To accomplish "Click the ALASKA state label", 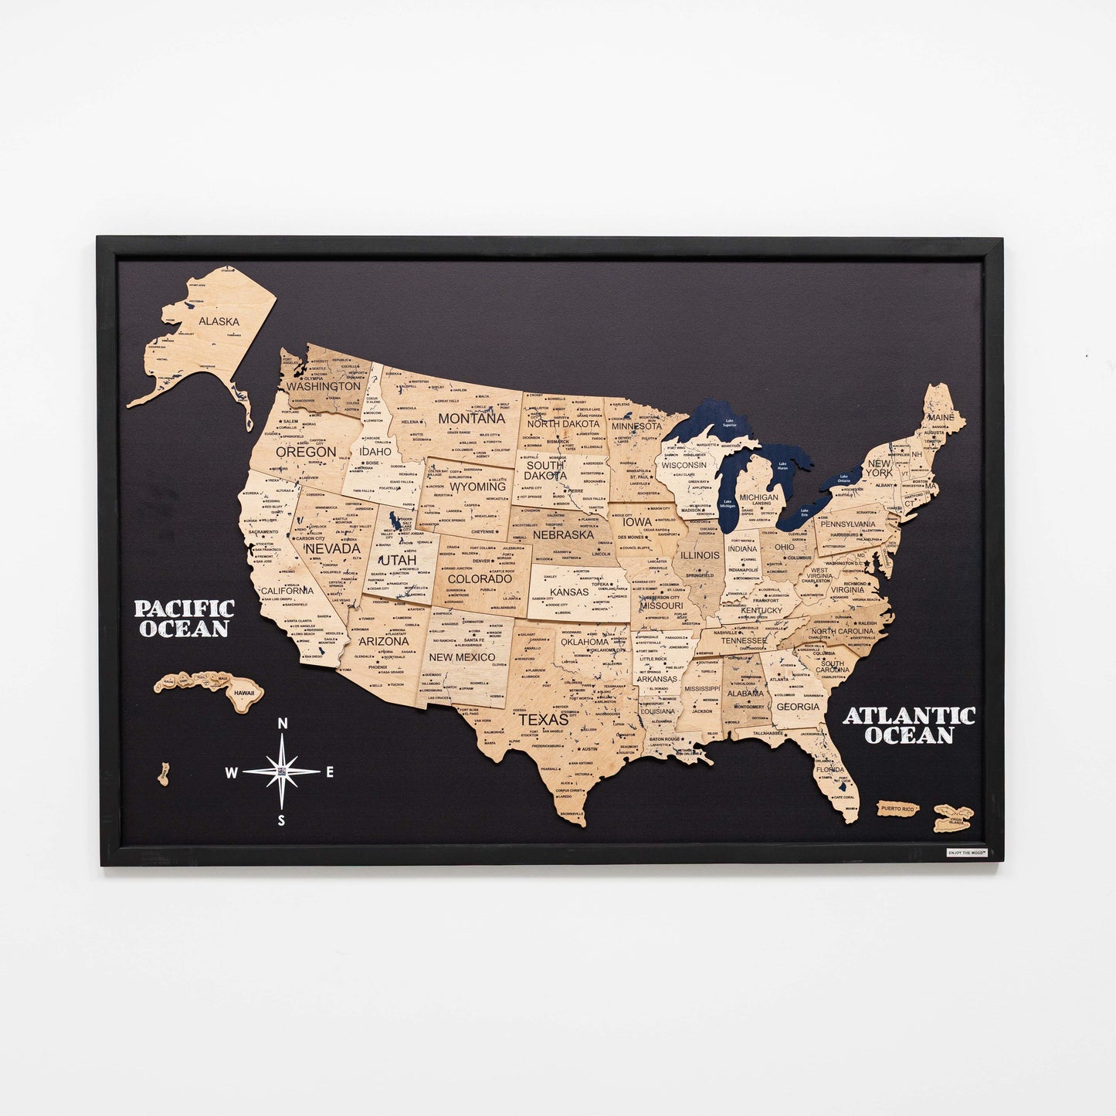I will [219, 321].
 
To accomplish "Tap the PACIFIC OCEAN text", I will [185, 619].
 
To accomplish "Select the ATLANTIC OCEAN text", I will [909, 725].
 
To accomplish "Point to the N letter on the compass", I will [283, 724].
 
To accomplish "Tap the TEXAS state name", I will [543, 720].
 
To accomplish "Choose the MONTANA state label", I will [471, 419].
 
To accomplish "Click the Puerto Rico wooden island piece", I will [897, 809].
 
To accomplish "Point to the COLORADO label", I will [480, 578].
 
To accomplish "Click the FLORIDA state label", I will [830, 770].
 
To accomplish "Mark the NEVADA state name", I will [333, 548].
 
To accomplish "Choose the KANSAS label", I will [569, 592].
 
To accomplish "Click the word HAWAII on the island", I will [244, 694].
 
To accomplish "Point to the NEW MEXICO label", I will [462, 657].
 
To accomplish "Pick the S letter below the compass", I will [282, 821].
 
